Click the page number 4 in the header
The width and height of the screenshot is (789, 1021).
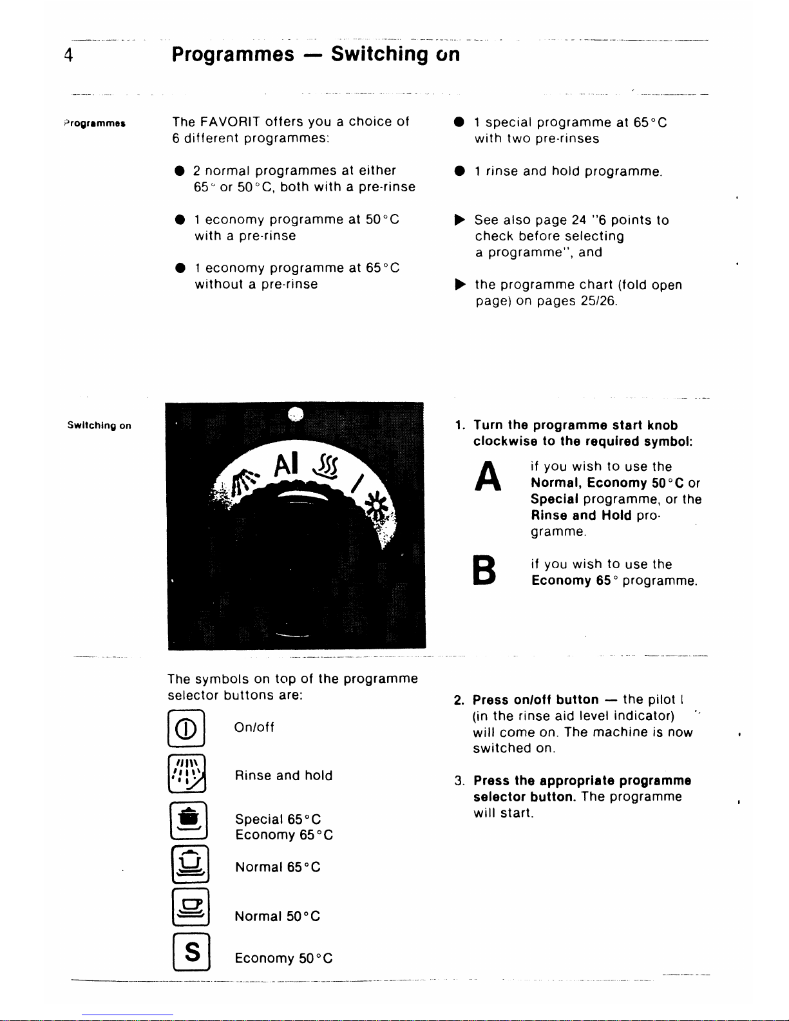click(x=68, y=55)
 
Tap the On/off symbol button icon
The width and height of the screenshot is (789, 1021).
click(x=186, y=729)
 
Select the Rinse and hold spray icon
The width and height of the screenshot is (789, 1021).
click(x=187, y=774)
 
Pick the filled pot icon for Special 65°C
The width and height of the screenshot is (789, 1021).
click(x=189, y=821)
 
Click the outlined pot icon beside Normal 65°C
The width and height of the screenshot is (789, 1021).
click(x=190, y=864)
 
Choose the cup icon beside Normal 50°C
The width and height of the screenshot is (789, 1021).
click(x=191, y=907)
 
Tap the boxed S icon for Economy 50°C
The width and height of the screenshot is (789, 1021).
click(x=192, y=952)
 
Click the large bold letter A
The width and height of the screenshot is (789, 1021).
click(x=488, y=476)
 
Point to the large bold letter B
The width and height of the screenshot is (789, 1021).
click(x=484, y=570)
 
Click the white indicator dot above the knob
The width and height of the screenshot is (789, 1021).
click(x=296, y=414)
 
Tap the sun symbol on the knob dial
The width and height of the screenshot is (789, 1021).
click(x=375, y=505)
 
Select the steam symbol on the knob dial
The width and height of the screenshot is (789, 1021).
click(x=325, y=466)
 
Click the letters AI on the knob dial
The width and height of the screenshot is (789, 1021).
click(x=286, y=464)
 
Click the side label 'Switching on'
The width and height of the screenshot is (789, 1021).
click(x=99, y=426)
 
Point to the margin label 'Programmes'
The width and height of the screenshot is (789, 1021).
click(x=95, y=124)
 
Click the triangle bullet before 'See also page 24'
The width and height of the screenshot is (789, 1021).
click(x=460, y=220)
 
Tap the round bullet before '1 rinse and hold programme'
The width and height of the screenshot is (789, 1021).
click(x=459, y=171)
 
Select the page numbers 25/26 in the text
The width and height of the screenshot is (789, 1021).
click(x=598, y=301)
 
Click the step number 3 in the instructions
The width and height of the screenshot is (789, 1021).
click(x=459, y=781)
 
